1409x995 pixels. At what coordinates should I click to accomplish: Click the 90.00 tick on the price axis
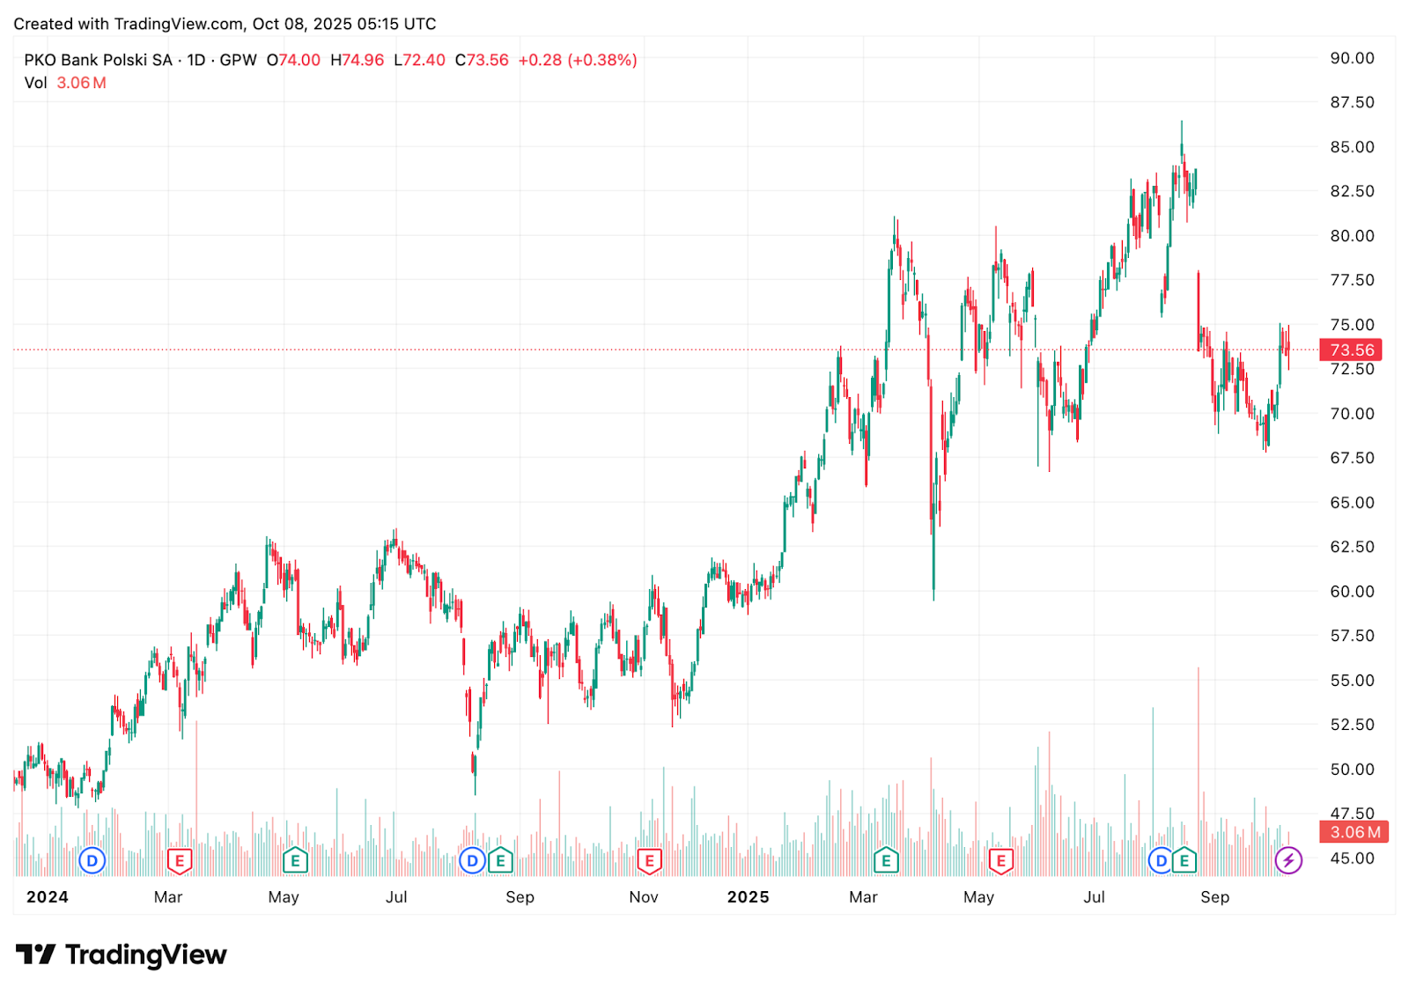[x=1352, y=58]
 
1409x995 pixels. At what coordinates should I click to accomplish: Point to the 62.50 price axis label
[x=1352, y=547]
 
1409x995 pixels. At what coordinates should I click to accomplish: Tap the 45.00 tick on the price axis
[x=1352, y=859]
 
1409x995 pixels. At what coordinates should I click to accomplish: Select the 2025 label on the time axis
[x=748, y=897]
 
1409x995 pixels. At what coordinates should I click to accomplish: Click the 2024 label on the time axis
[x=47, y=897]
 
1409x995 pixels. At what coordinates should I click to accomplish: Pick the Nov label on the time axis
[x=644, y=897]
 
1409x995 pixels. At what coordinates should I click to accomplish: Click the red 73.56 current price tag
[x=1351, y=350]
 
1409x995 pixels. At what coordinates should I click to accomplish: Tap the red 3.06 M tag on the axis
[x=1354, y=832]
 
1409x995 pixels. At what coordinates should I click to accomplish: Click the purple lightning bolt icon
[x=1288, y=860]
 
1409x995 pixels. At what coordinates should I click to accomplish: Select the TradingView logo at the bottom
[x=122, y=954]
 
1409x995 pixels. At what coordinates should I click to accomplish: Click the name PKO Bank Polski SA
[x=98, y=60]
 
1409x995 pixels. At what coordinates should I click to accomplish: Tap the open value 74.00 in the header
[x=299, y=60]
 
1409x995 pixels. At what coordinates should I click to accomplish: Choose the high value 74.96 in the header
[x=363, y=60]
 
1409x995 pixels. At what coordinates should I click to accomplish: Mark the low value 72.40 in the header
[x=424, y=60]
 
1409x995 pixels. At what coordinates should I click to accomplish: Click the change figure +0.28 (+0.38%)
[x=578, y=60]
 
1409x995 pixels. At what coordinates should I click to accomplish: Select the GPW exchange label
[x=238, y=60]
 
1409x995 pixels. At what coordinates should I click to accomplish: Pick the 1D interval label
[x=195, y=60]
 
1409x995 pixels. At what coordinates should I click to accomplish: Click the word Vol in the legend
[x=35, y=83]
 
